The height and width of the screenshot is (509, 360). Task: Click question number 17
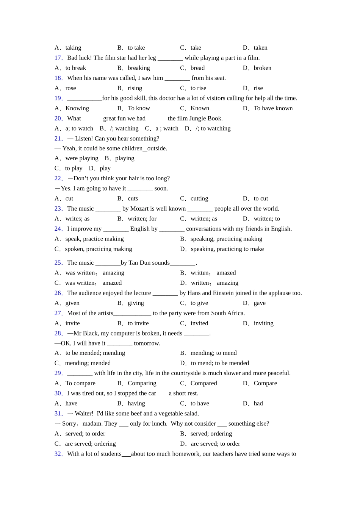point(58,58)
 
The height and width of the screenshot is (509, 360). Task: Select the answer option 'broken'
point(262,68)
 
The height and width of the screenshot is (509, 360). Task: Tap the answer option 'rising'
point(135,88)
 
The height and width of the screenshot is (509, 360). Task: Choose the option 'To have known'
point(273,108)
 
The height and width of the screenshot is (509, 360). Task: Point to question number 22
point(58,178)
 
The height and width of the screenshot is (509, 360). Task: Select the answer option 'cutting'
point(199,198)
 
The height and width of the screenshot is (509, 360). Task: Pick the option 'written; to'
point(267,219)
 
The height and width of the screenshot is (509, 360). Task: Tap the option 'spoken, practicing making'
point(99,249)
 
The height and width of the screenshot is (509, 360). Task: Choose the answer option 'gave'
point(260,303)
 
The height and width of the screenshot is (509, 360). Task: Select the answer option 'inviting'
point(263,323)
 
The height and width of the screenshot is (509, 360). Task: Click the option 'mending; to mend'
point(213,353)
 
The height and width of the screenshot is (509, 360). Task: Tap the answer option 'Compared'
point(203,383)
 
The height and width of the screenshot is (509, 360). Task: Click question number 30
point(58,393)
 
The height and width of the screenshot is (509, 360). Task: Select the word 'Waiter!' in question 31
point(84,414)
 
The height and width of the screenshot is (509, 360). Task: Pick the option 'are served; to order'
point(215,444)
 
